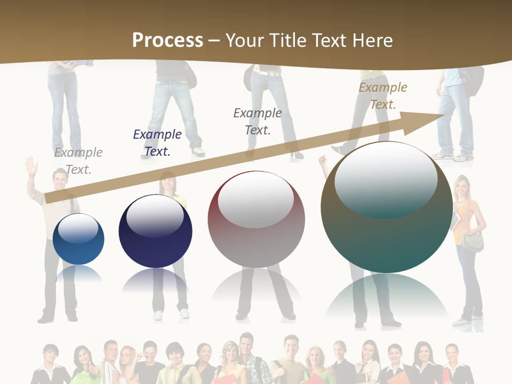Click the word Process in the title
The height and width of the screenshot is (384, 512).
167,41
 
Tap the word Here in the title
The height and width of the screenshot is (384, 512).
372,41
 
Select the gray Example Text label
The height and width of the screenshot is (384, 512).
78,161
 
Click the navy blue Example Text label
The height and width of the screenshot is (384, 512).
157,143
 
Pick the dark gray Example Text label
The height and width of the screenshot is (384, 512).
258,121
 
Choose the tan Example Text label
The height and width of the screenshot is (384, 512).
383,96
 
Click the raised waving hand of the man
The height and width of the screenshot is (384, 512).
31,166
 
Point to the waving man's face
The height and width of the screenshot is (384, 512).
60,181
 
